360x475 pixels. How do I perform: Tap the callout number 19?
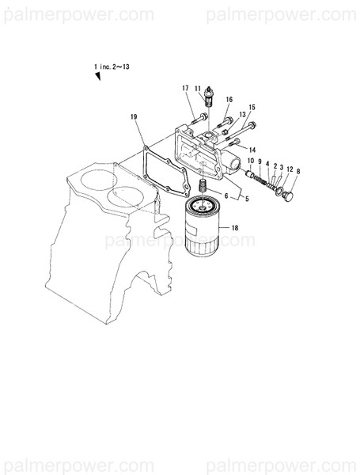pyautogui.click(x=134, y=117)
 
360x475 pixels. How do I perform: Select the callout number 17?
pyautogui.click(x=185, y=88)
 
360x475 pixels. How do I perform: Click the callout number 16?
pyautogui.click(x=229, y=99)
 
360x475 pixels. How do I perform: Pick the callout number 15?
pyautogui.click(x=252, y=107)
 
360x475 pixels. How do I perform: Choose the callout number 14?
pyautogui.click(x=252, y=150)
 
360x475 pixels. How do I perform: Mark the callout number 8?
pyautogui.click(x=298, y=170)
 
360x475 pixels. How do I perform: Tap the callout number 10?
pyautogui.click(x=251, y=162)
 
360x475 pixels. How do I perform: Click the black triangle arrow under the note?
pyautogui.click(x=99, y=75)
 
